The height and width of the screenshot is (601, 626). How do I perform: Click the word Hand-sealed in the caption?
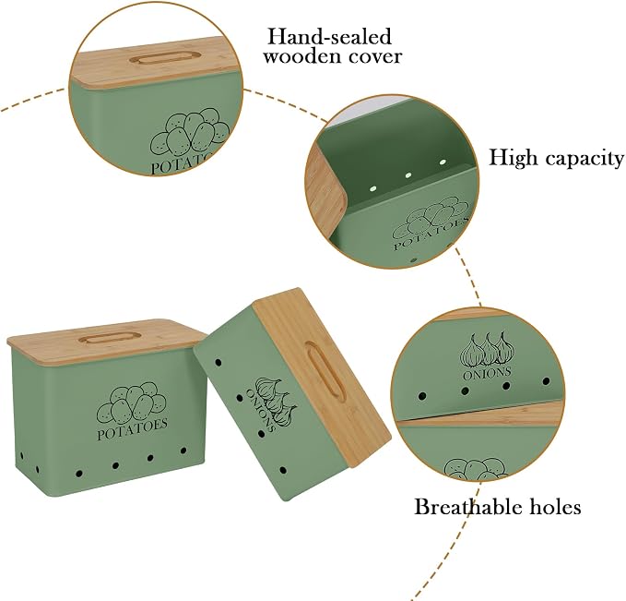coord(329,36)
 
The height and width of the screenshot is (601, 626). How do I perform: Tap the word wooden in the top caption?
coord(300,56)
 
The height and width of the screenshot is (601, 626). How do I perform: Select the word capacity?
coord(585,159)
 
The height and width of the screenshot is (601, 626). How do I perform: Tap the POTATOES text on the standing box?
coord(133,429)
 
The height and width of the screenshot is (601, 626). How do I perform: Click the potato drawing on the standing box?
coord(132,403)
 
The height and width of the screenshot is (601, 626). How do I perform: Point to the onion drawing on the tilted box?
coord(277,401)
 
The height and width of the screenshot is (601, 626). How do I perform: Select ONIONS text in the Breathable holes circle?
coord(487,373)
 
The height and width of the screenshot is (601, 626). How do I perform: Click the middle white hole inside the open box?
coord(408,175)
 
